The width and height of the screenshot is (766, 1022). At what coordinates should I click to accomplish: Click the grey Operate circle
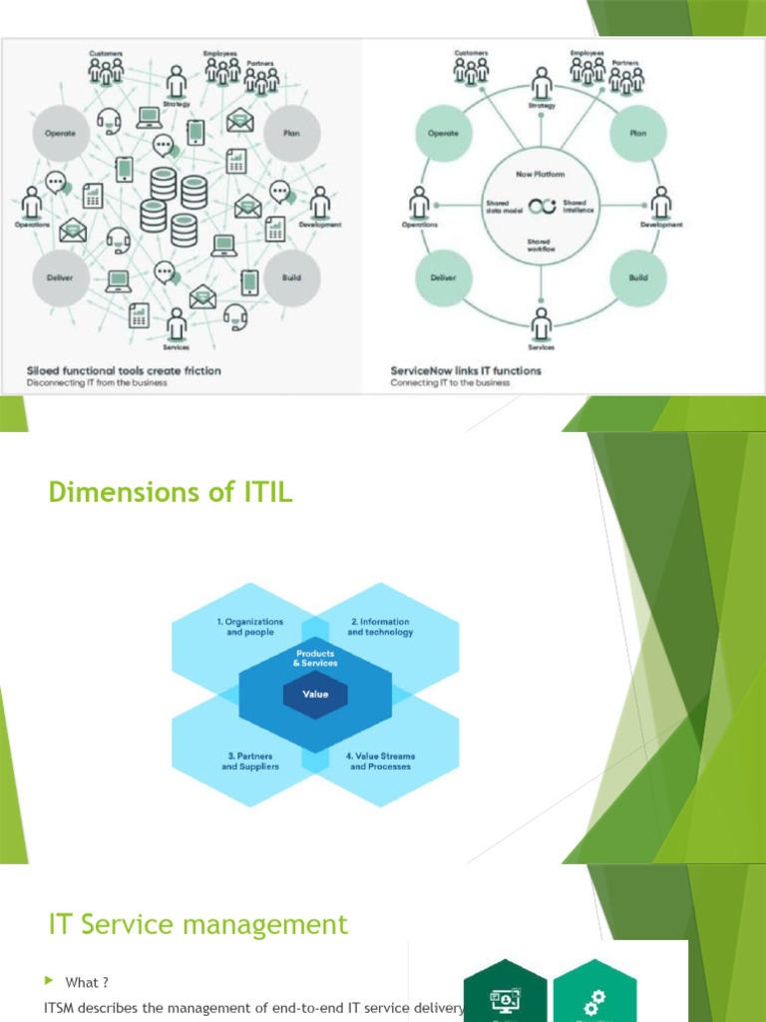pos(62,134)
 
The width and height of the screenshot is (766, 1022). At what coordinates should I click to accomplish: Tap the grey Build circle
pos(291,277)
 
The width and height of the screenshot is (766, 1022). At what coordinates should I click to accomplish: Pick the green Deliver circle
pos(443,277)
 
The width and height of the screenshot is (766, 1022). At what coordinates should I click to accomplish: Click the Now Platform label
pos(540,174)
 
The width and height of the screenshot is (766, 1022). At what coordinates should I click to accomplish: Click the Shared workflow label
pos(540,244)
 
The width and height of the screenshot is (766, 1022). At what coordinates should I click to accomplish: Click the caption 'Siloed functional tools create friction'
pos(124,370)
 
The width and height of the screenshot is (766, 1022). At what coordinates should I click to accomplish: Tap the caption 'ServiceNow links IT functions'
pos(466,370)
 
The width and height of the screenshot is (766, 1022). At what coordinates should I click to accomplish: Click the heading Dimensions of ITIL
pos(171,492)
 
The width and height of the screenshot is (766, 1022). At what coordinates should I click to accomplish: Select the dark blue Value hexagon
pos(315,695)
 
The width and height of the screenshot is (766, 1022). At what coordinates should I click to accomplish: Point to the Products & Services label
pos(315,658)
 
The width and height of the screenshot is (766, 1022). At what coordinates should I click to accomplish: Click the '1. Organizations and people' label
pos(249,627)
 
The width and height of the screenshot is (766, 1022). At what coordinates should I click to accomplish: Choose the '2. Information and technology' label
pos(380,627)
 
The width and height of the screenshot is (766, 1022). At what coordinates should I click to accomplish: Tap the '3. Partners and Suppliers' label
pos(250,762)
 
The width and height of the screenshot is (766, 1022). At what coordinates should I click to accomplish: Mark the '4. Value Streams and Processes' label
pos(380,762)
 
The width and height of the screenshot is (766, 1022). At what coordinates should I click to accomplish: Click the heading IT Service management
pos(198,925)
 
